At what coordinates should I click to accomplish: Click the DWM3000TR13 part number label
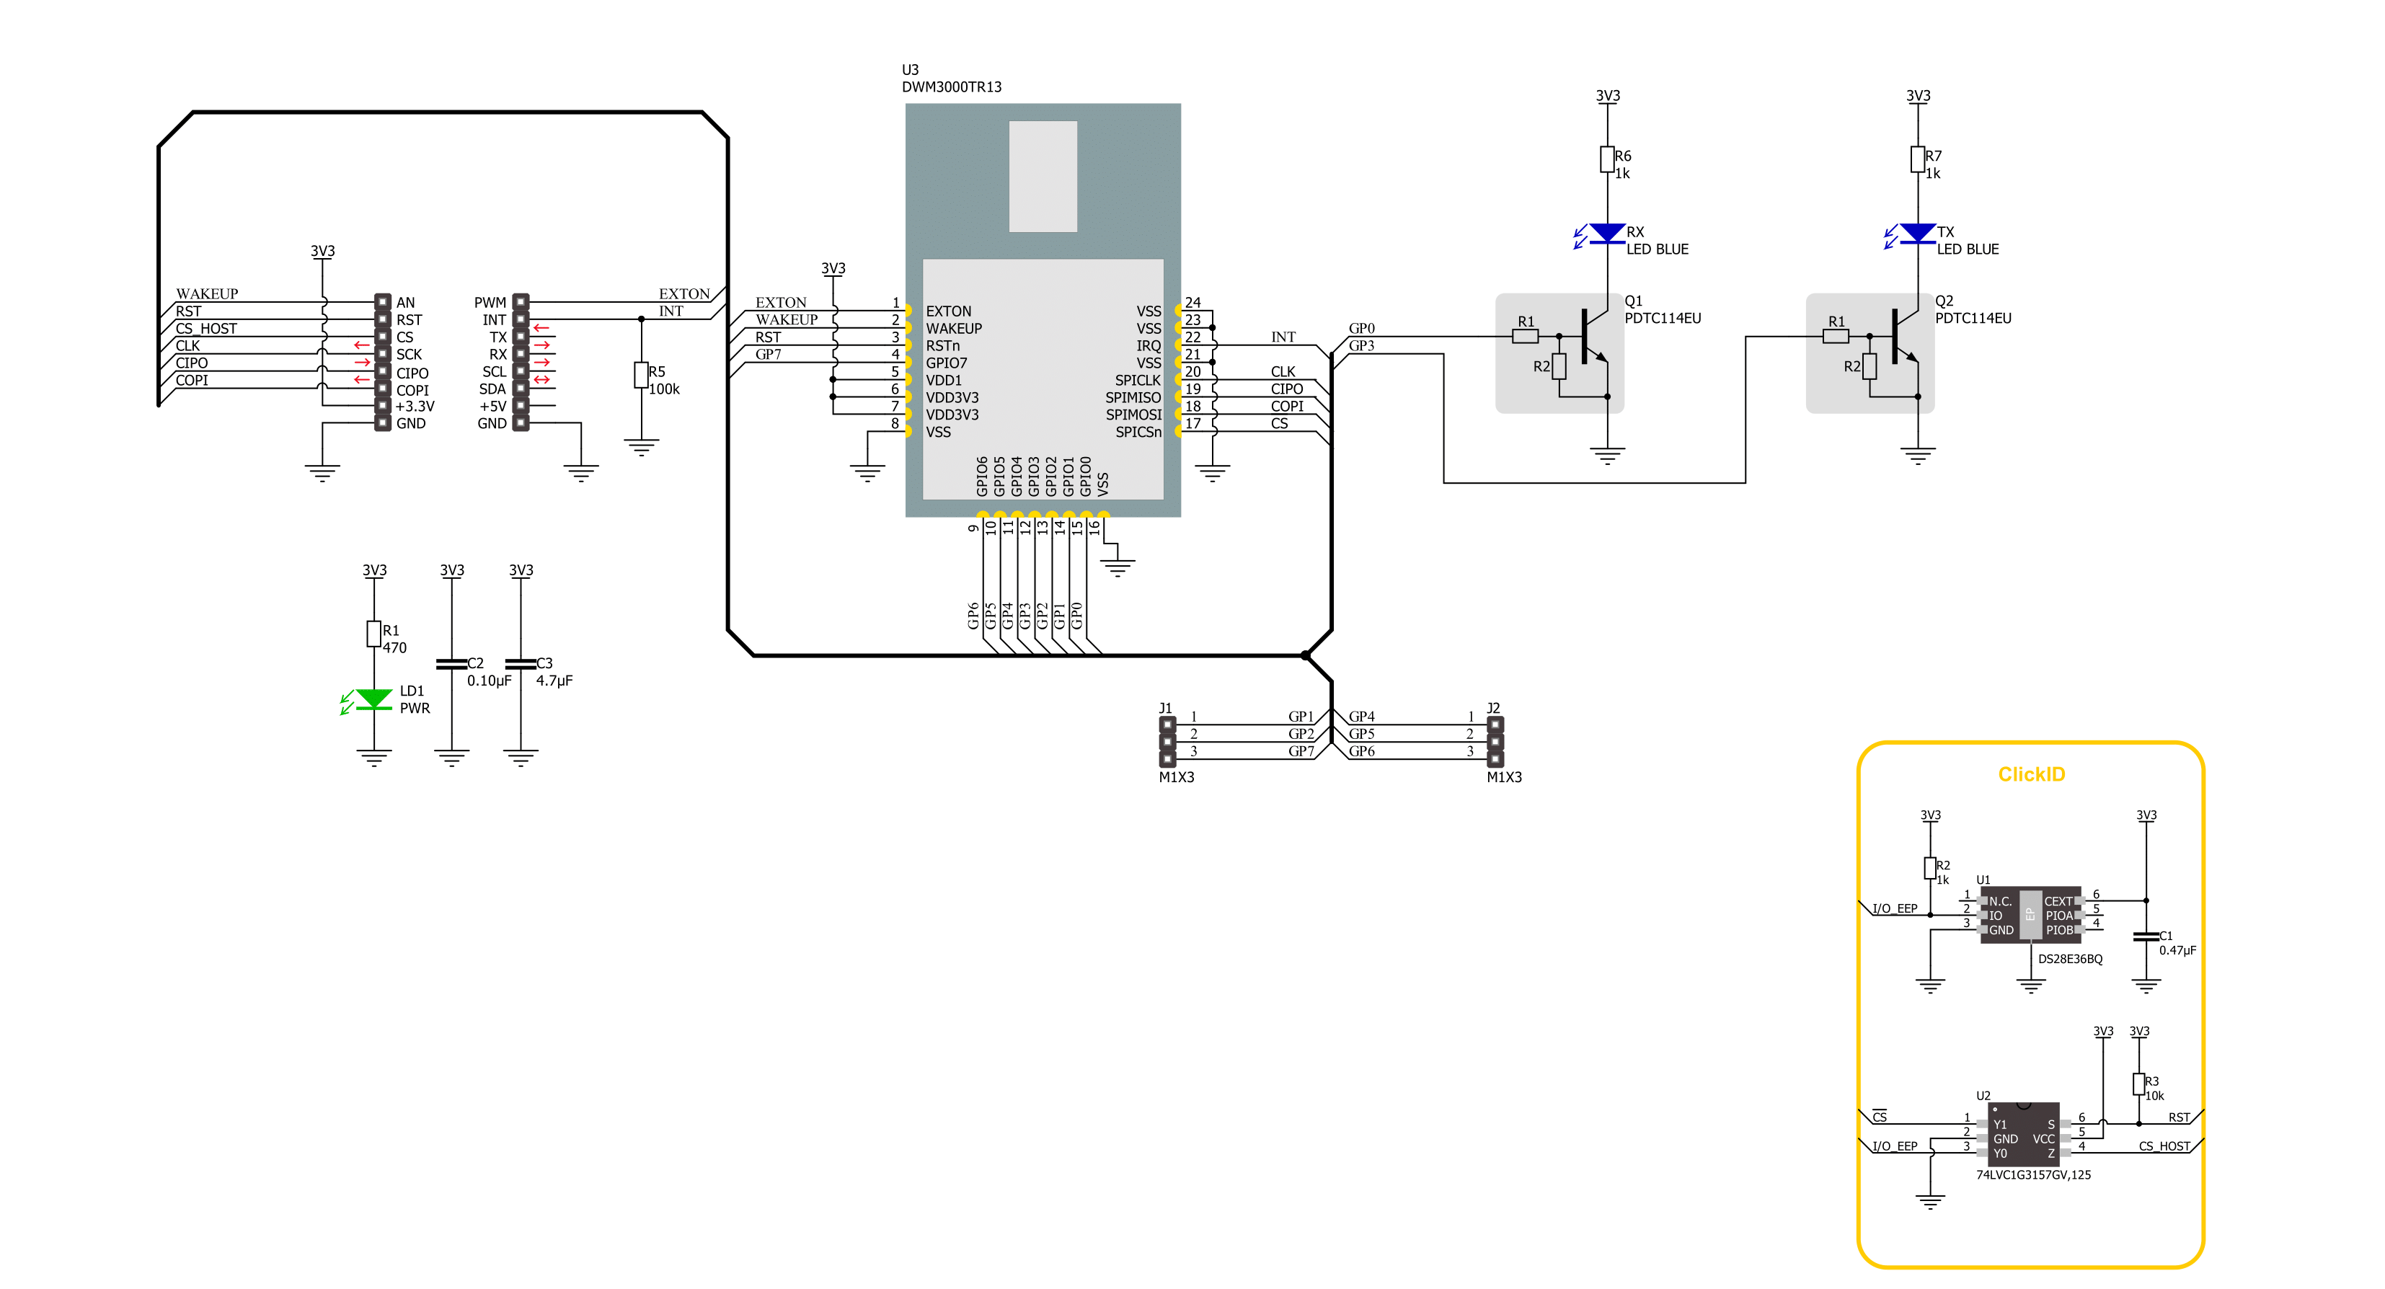pyautogui.click(x=951, y=87)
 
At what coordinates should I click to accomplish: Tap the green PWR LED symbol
pyautogui.click(x=373, y=699)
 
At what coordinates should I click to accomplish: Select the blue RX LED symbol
pyautogui.click(x=1606, y=234)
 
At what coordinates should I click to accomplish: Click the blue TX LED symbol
pyautogui.click(x=1916, y=234)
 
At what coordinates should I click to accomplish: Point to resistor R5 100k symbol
pyautogui.click(x=641, y=375)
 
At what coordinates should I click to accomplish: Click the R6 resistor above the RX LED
pyautogui.click(x=1607, y=159)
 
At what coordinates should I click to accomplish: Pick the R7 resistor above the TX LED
pyautogui.click(x=1917, y=159)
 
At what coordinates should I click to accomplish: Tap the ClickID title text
pyautogui.click(x=2030, y=774)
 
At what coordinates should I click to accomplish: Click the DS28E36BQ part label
pyautogui.click(x=2069, y=960)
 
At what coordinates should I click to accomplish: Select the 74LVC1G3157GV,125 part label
pyautogui.click(x=2032, y=1175)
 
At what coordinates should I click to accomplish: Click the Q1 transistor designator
pyautogui.click(x=1633, y=301)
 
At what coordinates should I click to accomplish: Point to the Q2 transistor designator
pyautogui.click(x=1943, y=301)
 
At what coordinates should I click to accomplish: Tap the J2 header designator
pyautogui.click(x=1492, y=709)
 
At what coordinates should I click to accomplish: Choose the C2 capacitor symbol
pyautogui.click(x=451, y=663)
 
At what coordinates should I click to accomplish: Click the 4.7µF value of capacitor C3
pyautogui.click(x=554, y=681)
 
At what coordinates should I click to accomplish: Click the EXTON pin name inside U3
pyautogui.click(x=948, y=311)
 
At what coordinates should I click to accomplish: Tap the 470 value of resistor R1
pyautogui.click(x=394, y=648)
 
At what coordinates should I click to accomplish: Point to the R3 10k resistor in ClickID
pyautogui.click(x=2138, y=1084)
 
